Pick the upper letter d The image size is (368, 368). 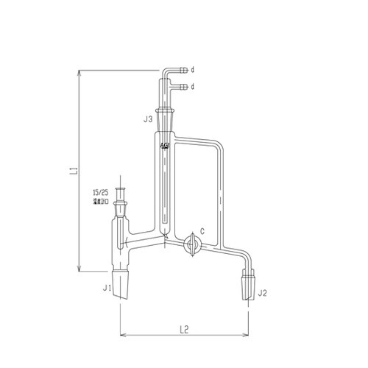pos(192,71)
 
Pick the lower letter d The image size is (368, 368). pos(192,87)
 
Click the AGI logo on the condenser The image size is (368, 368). pos(164,146)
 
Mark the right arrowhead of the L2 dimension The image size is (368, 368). pos(245,330)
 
